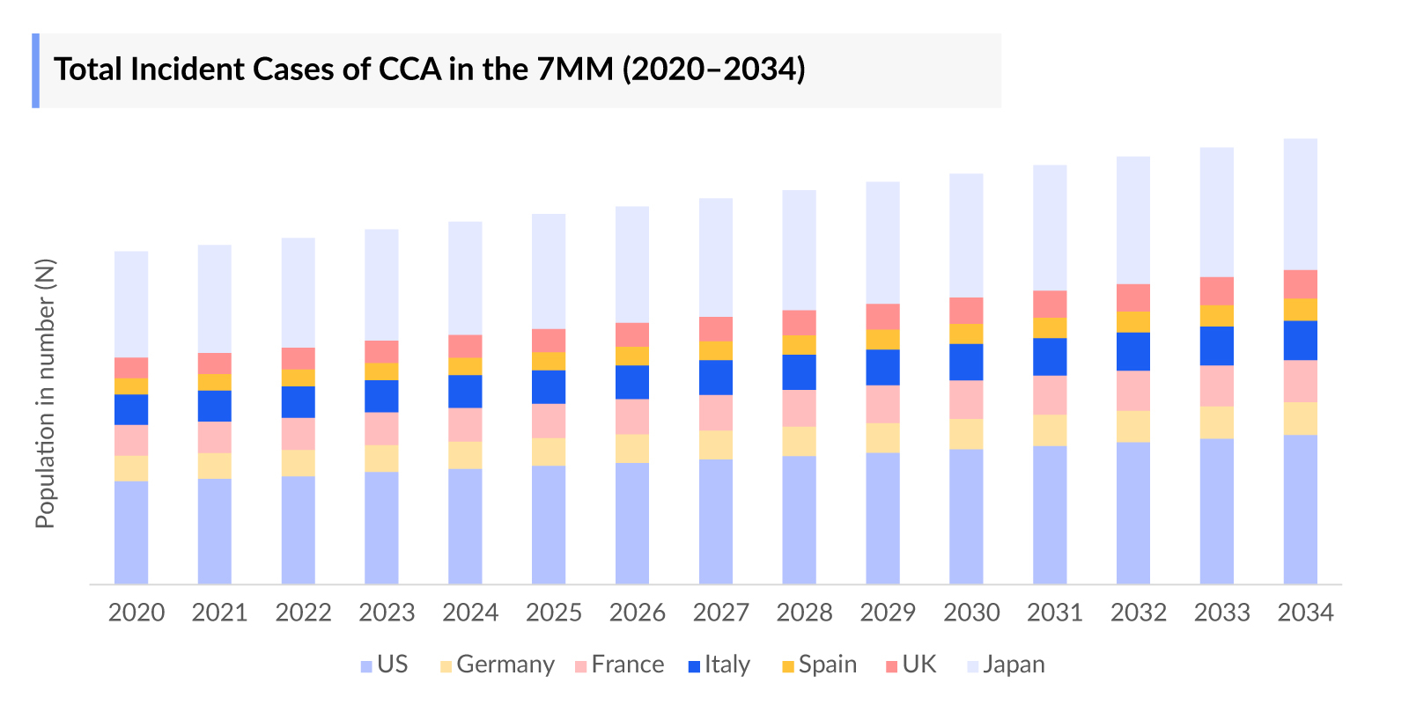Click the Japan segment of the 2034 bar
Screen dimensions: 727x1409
coord(1300,204)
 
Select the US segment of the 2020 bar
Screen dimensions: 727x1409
coord(131,532)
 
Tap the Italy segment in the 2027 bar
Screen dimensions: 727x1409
coord(716,377)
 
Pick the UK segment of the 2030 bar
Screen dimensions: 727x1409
coord(966,311)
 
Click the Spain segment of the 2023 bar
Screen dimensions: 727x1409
coord(381,371)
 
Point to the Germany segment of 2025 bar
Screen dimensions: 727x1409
coord(549,452)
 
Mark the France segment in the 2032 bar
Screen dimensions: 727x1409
coord(1132,391)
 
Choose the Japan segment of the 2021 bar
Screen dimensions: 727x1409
coord(215,299)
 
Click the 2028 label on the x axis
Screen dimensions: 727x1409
coord(804,613)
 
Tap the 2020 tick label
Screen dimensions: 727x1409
coord(136,613)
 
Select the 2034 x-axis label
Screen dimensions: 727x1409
coord(1305,613)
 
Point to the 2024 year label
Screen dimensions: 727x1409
coord(470,613)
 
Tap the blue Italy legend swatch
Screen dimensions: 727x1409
coord(694,666)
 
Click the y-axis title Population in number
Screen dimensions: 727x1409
coord(45,393)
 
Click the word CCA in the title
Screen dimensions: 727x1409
coord(409,70)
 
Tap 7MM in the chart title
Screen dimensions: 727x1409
coord(574,70)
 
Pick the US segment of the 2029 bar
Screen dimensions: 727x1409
coord(882,518)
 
